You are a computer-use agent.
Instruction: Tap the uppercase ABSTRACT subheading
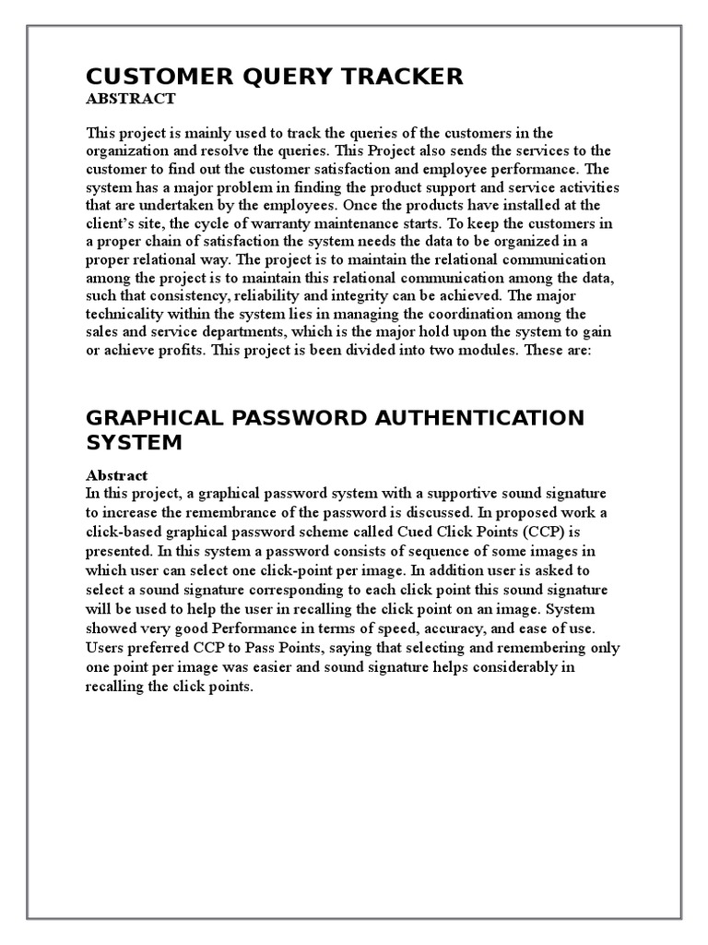tap(130, 99)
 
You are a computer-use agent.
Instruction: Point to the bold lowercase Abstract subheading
tap(116, 475)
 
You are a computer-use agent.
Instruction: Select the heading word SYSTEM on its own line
tap(135, 443)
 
